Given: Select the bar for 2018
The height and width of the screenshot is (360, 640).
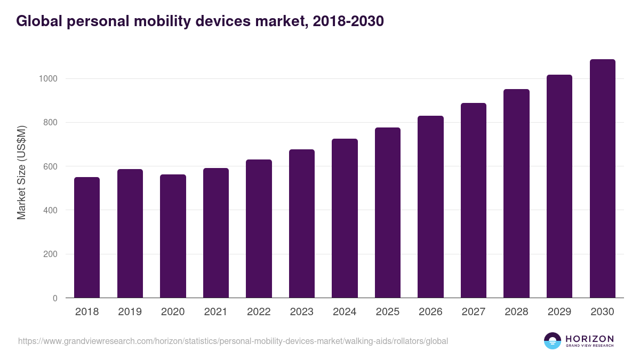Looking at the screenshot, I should [x=87, y=237].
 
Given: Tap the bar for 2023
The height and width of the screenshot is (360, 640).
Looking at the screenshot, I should [x=302, y=223].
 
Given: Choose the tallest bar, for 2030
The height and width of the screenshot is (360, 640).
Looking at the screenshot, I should [x=602, y=179].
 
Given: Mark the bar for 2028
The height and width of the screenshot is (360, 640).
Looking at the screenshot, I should [x=516, y=194].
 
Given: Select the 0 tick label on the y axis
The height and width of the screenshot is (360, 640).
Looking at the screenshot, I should [x=54, y=299].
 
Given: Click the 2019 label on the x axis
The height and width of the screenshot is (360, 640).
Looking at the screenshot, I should [x=130, y=312].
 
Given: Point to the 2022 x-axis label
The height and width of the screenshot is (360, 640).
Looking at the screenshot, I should [x=259, y=312].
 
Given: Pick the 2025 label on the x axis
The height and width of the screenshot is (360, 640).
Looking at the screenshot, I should [x=387, y=312].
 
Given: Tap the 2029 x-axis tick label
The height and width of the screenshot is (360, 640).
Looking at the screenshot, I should [x=559, y=312].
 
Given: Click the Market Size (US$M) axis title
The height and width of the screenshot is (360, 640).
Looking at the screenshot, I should [x=21, y=172].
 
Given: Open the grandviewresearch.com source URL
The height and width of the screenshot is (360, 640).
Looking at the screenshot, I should [x=233, y=341].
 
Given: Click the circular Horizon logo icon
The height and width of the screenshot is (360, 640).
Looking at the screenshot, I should [x=553, y=341].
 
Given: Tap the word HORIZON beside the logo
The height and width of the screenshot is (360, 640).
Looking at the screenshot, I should [x=590, y=339].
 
